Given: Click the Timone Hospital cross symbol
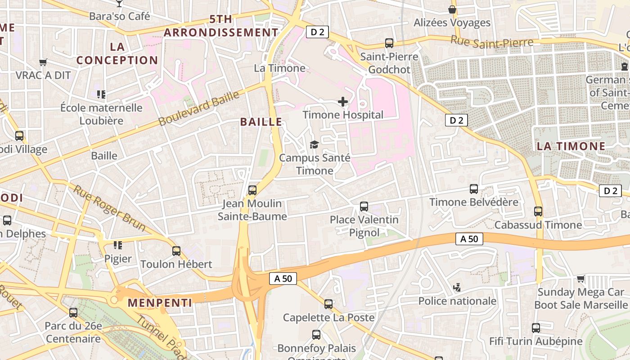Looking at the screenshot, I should click(343, 102).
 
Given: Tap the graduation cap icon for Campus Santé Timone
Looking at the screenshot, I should click(314, 144).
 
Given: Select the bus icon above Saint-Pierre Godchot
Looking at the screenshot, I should click(389, 43).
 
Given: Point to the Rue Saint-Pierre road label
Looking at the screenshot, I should click(492, 41).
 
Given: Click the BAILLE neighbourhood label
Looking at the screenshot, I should click(261, 122).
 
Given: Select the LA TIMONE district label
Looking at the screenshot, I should click(571, 146).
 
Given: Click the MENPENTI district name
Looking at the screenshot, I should click(160, 303).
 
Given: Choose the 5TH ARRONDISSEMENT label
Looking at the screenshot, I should click(221, 26).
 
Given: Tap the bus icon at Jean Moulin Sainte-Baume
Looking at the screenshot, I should click(252, 190).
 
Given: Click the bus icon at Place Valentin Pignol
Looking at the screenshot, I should click(364, 207).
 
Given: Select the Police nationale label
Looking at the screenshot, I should click(457, 301).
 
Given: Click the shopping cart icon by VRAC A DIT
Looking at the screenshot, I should click(43, 63).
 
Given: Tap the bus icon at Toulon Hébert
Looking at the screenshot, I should click(176, 251).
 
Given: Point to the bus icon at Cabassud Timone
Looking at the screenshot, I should click(538, 211).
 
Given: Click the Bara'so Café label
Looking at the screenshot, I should click(119, 16).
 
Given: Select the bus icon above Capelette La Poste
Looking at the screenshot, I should click(328, 304).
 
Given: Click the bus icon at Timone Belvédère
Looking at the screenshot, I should click(474, 189).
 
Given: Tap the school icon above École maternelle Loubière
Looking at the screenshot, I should click(101, 94).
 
